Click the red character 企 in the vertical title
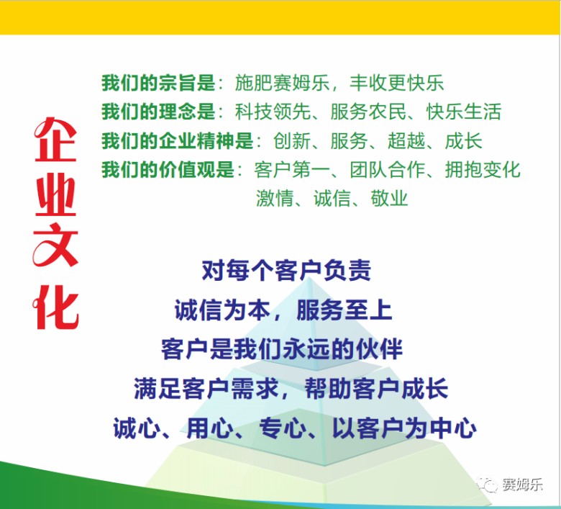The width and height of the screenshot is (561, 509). [x=55, y=140]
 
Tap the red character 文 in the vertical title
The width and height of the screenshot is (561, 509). [x=55, y=245]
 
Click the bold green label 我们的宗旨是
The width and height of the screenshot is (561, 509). [x=158, y=83]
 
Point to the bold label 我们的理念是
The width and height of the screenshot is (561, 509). [x=158, y=112]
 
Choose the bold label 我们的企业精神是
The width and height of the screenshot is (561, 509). [x=178, y=141]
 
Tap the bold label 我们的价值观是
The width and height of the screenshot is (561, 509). [x=168, y=169]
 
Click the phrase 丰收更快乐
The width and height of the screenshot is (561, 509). [x=397, y=83]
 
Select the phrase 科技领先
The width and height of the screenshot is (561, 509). [x=273, y=112]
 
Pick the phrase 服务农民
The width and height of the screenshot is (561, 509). [x=368, y=112]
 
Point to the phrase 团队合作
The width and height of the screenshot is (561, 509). [x=388, y=169]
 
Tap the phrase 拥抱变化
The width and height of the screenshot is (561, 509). [x=483, y=169]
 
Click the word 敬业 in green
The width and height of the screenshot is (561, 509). [x=389, y=198]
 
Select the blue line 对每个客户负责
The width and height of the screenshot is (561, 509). [x=286, y=270]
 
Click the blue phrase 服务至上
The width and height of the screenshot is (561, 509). [x=345, y=310]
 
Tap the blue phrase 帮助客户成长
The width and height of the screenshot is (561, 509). [x=376, y=389]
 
